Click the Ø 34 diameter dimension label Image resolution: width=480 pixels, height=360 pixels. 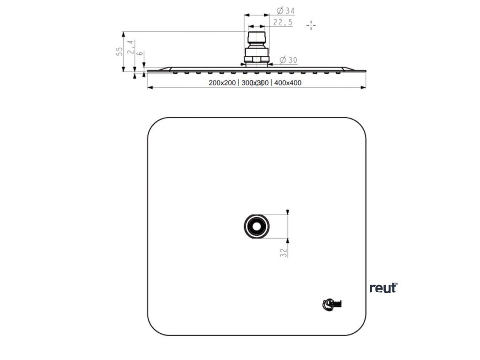point(285,10)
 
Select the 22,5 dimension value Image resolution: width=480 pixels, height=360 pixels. point(283,22)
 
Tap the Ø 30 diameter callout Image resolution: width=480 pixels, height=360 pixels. point(288,60)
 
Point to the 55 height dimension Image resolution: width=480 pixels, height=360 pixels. point(120,51)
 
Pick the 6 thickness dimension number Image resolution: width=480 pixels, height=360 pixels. point(140,53)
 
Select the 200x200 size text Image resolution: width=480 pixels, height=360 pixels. point(222,83)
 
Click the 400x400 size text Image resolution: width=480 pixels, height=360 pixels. point(287,83)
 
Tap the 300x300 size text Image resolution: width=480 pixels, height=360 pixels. point(255,83)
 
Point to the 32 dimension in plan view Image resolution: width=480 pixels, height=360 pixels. point(283,253)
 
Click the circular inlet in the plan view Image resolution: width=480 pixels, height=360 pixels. point(256,227)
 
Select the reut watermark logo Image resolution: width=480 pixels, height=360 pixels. point(383,287)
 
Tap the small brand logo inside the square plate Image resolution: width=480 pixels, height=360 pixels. point(332,304)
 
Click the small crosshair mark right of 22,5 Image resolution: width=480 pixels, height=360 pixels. point(311,25)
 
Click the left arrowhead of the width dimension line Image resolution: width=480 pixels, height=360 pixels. point(150,88)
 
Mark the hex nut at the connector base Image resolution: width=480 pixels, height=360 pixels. point(256,60)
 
